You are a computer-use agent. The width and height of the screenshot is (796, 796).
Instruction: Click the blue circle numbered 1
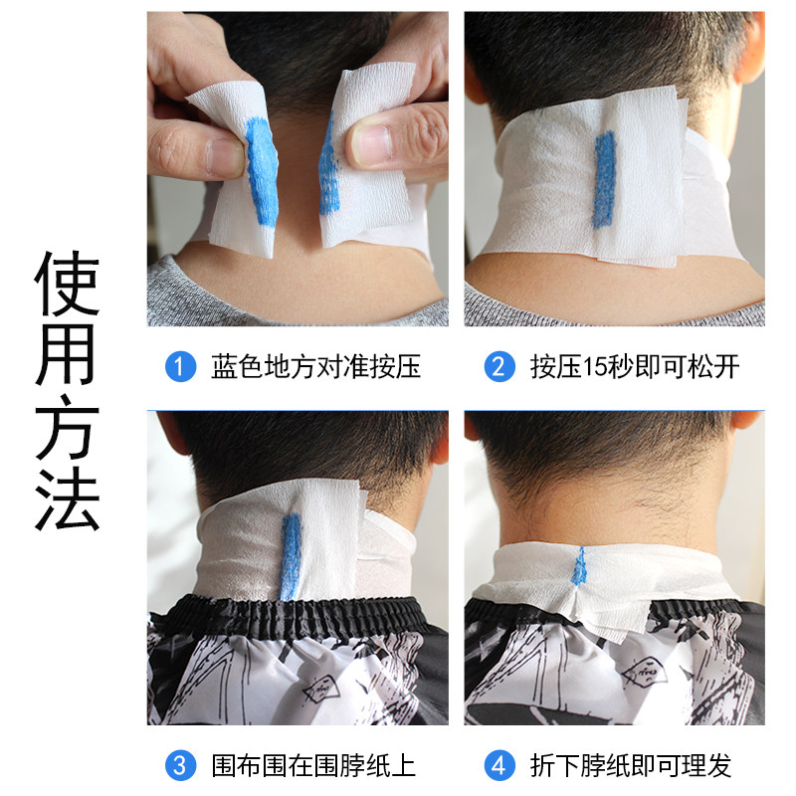tap(179, 367)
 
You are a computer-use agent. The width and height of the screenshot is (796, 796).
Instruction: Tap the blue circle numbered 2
tap(499, 367)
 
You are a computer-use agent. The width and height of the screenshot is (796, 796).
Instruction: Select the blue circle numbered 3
tap(179, 765)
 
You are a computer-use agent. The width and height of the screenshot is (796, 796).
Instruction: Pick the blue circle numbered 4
tap(499, 765)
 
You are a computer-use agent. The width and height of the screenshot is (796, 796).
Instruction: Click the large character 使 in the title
tap(67, 282)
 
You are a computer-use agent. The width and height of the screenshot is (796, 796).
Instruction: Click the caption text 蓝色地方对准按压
tap(315, 367)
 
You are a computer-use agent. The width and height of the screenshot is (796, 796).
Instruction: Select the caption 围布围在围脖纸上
tap(313, 765)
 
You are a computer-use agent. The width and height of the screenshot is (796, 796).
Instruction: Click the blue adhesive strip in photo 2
tap(604, 179)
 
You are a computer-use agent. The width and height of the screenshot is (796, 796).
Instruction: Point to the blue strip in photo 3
tap(292, 557)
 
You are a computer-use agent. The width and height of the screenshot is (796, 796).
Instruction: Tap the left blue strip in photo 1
tap(262, 169)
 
